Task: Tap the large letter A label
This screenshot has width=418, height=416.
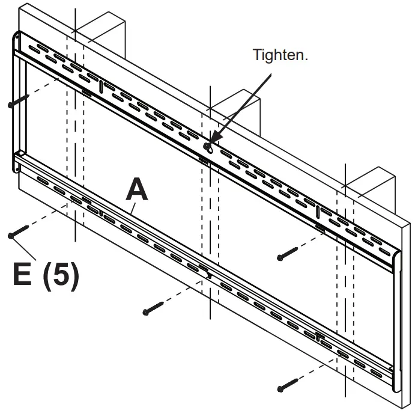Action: [136, 191]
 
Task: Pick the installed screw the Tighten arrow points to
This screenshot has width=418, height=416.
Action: [207, 146]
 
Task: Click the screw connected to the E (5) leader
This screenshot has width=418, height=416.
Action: [17, 232]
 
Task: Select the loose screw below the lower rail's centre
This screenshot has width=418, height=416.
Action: [154, 309]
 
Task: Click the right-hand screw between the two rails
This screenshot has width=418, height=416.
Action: [288, 254]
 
